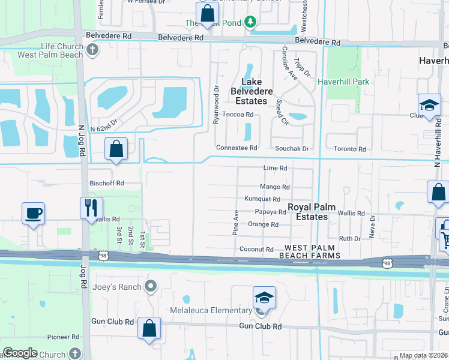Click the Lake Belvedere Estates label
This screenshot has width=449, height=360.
(x=256, y=91)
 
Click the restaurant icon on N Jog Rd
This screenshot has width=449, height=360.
(x=91, y=208)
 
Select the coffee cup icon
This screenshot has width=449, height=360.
(x=33, y=212)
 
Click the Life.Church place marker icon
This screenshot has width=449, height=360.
(x=92, y=50)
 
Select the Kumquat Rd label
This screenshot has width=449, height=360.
(x=262, y=199)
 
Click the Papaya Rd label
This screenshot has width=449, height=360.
(x=270, y=212)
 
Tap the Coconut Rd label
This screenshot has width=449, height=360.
(x=256, y=250)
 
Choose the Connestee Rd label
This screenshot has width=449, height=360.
(x=237, y=148)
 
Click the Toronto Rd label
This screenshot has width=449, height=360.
(x=349, y=149)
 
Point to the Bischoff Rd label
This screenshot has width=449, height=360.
(x=106, y=183)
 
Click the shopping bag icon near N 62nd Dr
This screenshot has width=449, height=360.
(x=116, y=149)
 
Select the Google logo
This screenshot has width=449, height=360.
(x=20, y=353)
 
